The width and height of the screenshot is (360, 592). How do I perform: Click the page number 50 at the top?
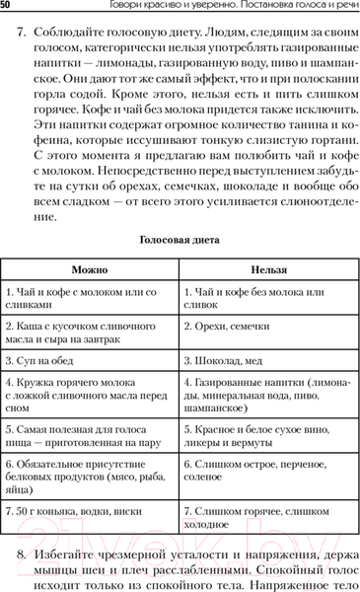click(7, 7)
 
